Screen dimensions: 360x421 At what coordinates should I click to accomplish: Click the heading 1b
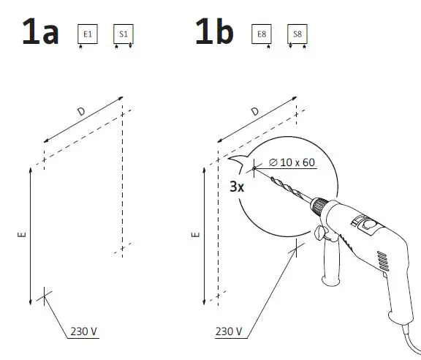(x=213, y=33)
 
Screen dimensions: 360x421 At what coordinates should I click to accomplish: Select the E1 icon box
(x=88, y=34)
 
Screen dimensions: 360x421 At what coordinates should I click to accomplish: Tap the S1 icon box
(x=123, y=34)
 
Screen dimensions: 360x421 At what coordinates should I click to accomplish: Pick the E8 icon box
(x=261, y=34)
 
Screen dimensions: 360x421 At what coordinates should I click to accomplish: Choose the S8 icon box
(x=296, y=34)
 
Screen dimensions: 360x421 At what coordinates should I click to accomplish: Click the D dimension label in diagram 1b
(x=254, y=110)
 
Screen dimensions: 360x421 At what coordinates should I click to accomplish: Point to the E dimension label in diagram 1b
(x=194, y=236)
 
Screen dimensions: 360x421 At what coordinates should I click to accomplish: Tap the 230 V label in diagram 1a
(x=84, y=331)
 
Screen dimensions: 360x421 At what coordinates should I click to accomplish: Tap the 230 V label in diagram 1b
(x=230, y=331)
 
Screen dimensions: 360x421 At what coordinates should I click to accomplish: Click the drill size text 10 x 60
(x=298, y=162)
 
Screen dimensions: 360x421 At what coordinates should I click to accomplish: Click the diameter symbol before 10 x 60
(x=273, y=162)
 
